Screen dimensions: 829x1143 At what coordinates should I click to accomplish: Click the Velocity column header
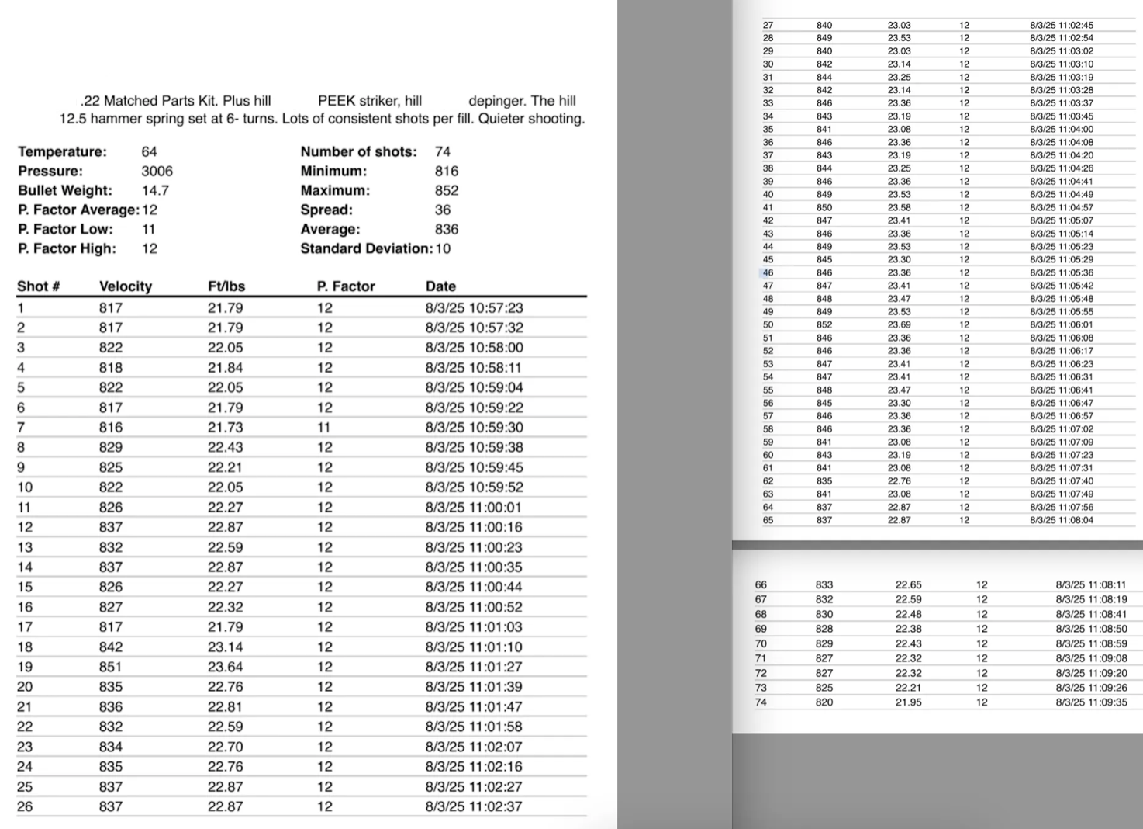[x=126, y=286]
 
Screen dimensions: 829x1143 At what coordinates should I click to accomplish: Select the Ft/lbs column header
[x=226, y=286]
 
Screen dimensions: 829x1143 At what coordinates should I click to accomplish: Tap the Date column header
[x=440, y=286]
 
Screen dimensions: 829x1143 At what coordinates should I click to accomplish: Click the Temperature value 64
[x=149, y=151]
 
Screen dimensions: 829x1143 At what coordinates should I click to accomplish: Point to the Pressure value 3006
[x=157, y=171]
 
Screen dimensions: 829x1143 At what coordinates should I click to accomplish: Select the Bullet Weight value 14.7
[x=155, y=190]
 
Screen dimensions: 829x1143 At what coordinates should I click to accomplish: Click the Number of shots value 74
[x=443, y=151]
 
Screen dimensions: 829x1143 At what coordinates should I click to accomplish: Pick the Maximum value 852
[x=447, y=190]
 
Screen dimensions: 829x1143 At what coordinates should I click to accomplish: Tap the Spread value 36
[x=443, y=210]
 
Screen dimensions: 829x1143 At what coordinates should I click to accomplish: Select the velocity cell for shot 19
[x=111, y=667]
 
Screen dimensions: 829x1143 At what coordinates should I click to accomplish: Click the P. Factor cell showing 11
[x=324, y=427]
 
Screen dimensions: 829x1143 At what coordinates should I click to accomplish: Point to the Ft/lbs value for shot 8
[x=225, y=447]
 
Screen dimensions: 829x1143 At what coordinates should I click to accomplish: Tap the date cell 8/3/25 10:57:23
[x=474, y=308]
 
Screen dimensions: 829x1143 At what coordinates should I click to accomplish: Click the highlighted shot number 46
[x=768, y=272]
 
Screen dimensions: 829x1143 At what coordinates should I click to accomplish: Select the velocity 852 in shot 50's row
[x=824, y=324]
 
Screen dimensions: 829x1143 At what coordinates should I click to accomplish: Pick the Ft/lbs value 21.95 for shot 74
[x=908, y=702]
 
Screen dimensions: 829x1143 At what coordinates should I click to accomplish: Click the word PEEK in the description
[x=337, y=101]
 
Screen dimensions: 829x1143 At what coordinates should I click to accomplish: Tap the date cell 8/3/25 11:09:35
[x=1091, y=702]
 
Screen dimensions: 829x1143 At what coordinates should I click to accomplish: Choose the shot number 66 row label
[x=761, y=584]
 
